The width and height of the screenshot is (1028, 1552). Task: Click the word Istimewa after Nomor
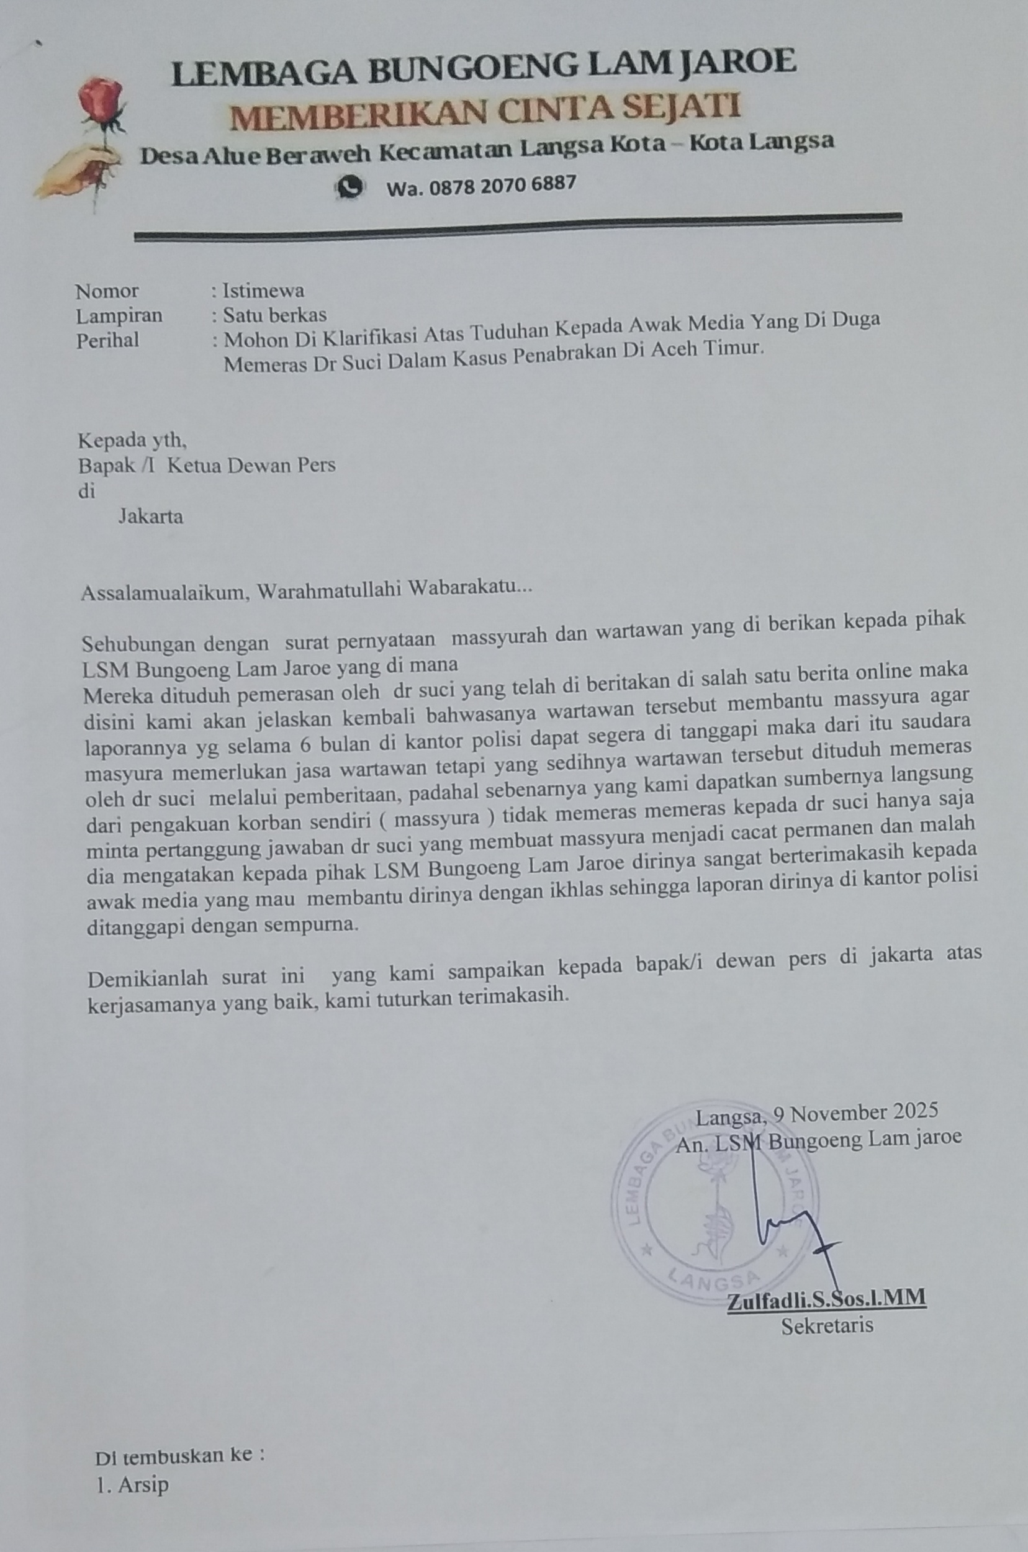point(263,290)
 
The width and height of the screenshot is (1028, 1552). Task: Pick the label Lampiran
point(119,316)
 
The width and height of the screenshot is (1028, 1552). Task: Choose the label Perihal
point(107,340)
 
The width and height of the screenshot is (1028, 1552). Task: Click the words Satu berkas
point(275,315)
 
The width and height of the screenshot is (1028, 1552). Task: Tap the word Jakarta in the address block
point(150,517)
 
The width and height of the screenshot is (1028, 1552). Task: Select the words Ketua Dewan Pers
point(251,466)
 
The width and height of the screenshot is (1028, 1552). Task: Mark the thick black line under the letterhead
point(517,226)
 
